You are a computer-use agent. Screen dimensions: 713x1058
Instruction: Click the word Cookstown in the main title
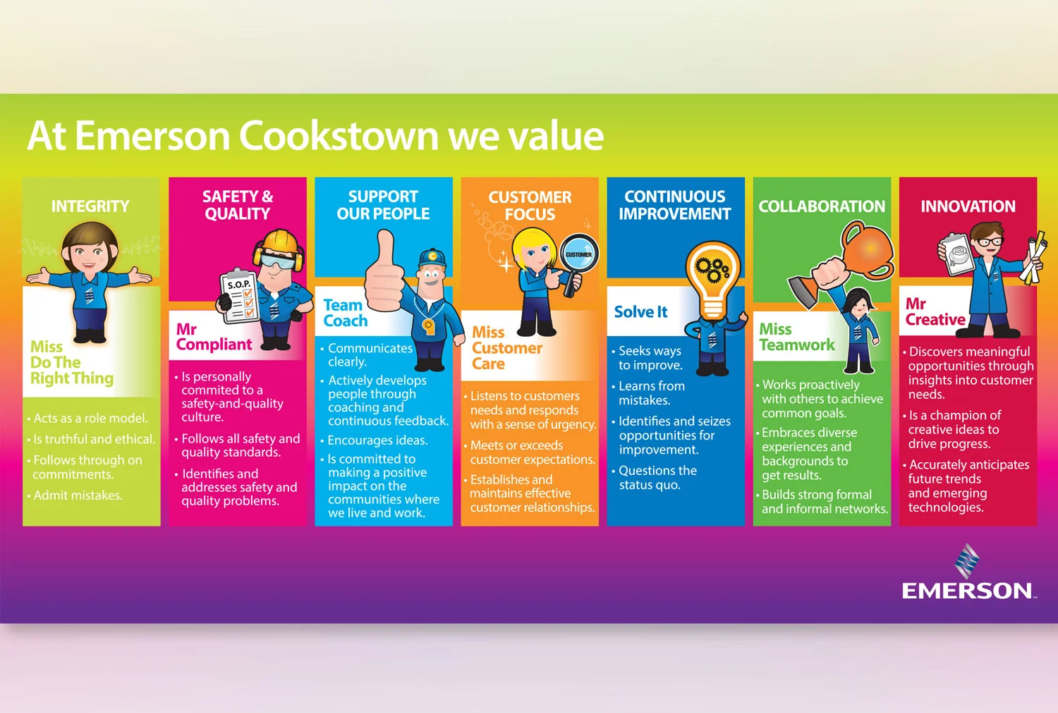tap(339, 135)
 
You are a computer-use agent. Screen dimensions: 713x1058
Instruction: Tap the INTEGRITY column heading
tap(90, 206)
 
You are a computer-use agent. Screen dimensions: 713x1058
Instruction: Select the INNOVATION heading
tap(968, 206)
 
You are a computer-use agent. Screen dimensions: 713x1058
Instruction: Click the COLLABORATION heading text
tap(822, 206)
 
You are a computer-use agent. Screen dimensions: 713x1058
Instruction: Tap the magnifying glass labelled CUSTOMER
tap(578, 255)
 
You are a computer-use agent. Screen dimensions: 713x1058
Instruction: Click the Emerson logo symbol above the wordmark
tap(967, 560)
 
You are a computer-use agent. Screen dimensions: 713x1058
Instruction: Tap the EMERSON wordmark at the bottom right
tap(967, 590)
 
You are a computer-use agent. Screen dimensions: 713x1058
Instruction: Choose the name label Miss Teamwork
tap(796, 337)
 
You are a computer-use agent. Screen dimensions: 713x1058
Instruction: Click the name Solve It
tap(640, 312)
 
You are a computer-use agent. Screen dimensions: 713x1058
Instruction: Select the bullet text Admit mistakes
tap(78, 495)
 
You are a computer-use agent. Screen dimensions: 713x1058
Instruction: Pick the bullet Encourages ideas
tap(377, 440)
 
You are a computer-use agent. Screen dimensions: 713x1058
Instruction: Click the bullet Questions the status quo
tap(657, 478)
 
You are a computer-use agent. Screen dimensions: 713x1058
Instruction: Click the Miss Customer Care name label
tap(506, 348)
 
